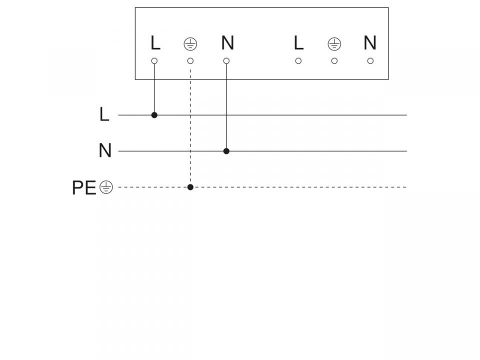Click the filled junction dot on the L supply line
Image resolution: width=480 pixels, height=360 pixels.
(x=154, y=115)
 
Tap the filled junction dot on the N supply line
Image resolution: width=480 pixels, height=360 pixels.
(x=226, y=151)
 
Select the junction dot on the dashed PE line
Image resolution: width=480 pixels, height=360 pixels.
(x=190, y=187)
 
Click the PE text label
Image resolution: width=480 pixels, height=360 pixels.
(x=84, y=187)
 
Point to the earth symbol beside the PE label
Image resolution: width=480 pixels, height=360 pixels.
(x=106, y=187)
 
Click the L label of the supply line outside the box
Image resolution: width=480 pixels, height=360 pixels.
(x=104, y=114)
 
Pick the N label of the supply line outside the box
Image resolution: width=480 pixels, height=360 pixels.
(x=105, y=150)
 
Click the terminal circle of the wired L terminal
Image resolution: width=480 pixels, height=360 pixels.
(x=154, y=61)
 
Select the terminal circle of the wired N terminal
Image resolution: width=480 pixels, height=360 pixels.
(x=226, y=61)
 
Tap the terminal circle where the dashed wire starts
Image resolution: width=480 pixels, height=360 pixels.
(x=190, y=61)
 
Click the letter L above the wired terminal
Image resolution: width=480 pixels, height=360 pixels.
(x=155, y=43)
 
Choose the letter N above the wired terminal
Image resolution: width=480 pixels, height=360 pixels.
(x=227, y=43)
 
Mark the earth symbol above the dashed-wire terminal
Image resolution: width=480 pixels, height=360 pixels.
(x=190, y=44)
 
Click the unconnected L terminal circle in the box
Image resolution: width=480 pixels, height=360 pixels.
(x=298, y=61)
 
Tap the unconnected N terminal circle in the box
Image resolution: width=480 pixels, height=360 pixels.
(x=370, y=61)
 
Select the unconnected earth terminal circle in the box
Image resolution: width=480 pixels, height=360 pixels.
(x=334, y=61)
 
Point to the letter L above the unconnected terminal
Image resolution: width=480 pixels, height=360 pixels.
(x=299, y=43)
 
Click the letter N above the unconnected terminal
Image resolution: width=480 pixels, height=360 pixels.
(x=370, y=43)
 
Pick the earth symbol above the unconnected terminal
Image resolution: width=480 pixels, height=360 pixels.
(x=334, y=44)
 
